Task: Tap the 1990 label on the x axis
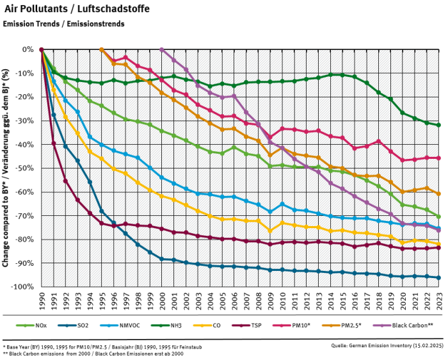pyautogui.click(x=42, y=299)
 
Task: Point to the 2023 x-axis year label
pyautogui.click(x=438, y=299)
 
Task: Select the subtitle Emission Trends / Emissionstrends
pyautogui.click(x=63, y=24)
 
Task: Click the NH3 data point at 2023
pyautogui.click(x=438, y=125)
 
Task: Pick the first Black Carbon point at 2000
pyautogui.click(x=161, y=49)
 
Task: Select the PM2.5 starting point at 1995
pyautogui.click(x=101, y=49)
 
